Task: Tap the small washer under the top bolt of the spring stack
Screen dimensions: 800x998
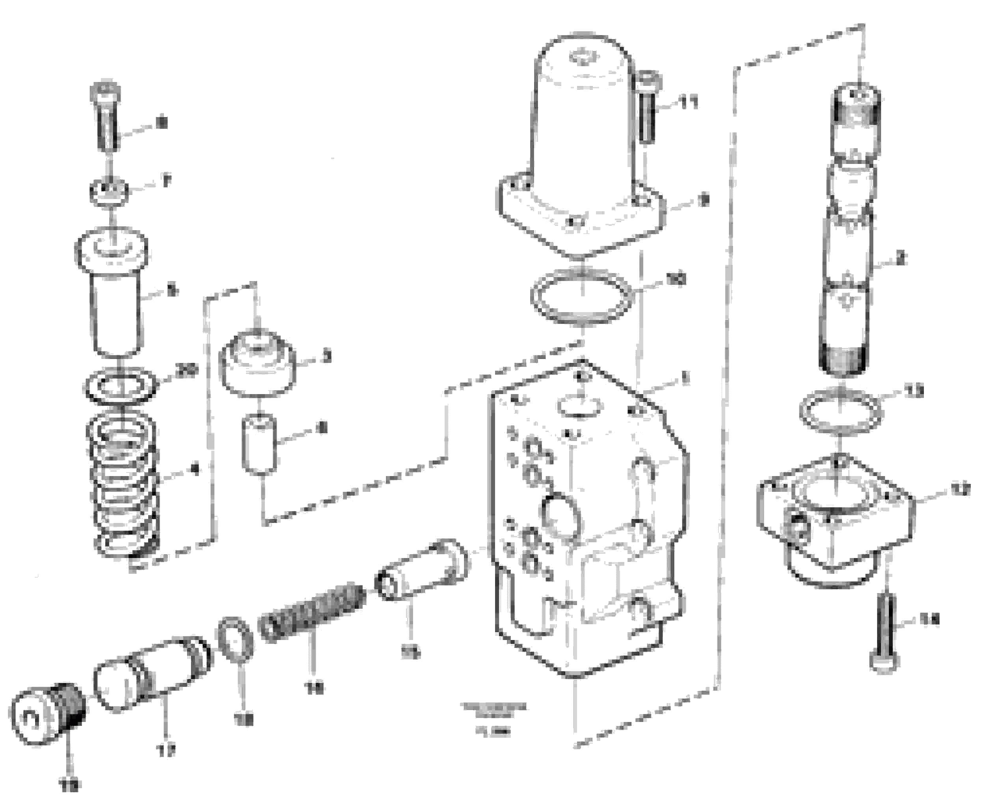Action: click(x=109, y=191)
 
